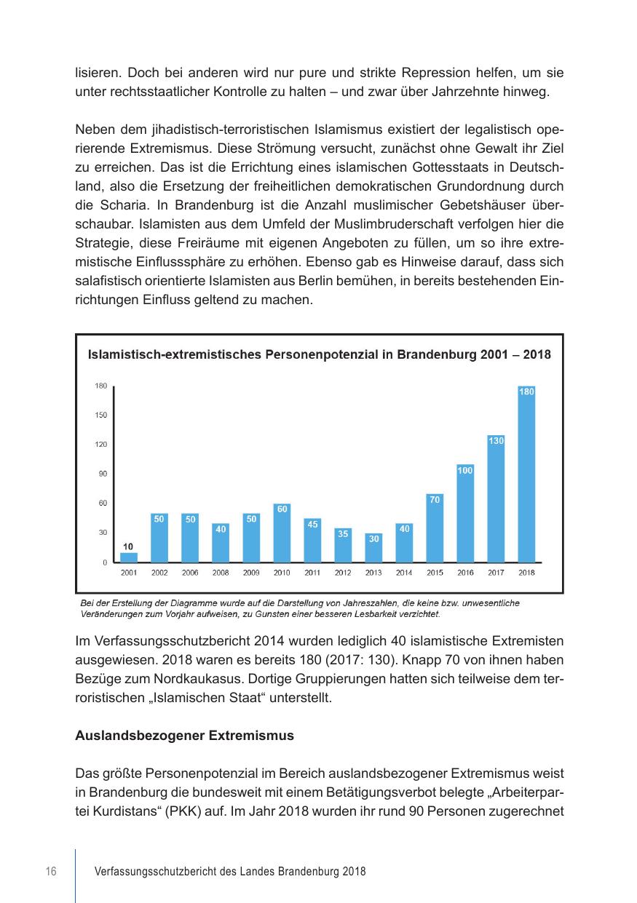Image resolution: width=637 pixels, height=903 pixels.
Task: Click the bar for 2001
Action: pyautogui.click(x=129, y=557)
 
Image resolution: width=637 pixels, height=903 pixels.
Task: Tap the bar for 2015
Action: pyautogui.click(x=435, y=528)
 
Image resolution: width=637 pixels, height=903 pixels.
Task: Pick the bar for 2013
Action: pyautogui.click(x=373, y=547)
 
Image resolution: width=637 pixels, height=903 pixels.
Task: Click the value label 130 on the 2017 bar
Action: pyautogui.click(x=496, y=441)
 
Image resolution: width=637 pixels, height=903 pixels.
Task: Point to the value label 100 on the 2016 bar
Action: pyautogui.click(x=465, y=471)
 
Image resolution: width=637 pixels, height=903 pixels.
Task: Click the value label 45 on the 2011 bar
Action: pyautogui.click(x=312, y=524)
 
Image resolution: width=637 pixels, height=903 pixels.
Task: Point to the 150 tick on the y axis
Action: pyautogui.click(x=100, y=415)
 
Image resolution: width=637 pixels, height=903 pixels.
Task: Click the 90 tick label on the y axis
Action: pyautogui.click(x=103, y=474)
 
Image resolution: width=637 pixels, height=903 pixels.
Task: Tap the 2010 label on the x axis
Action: pyautogui.click(x=282, y=573)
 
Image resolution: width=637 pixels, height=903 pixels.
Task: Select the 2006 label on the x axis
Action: pyautogui.click(x=190, y=573)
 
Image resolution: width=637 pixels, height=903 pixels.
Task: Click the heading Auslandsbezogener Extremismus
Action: pyautogui.click(x=184, y=736)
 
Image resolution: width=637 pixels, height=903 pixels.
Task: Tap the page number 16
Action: pyautogui.click(x=51, y=872)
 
